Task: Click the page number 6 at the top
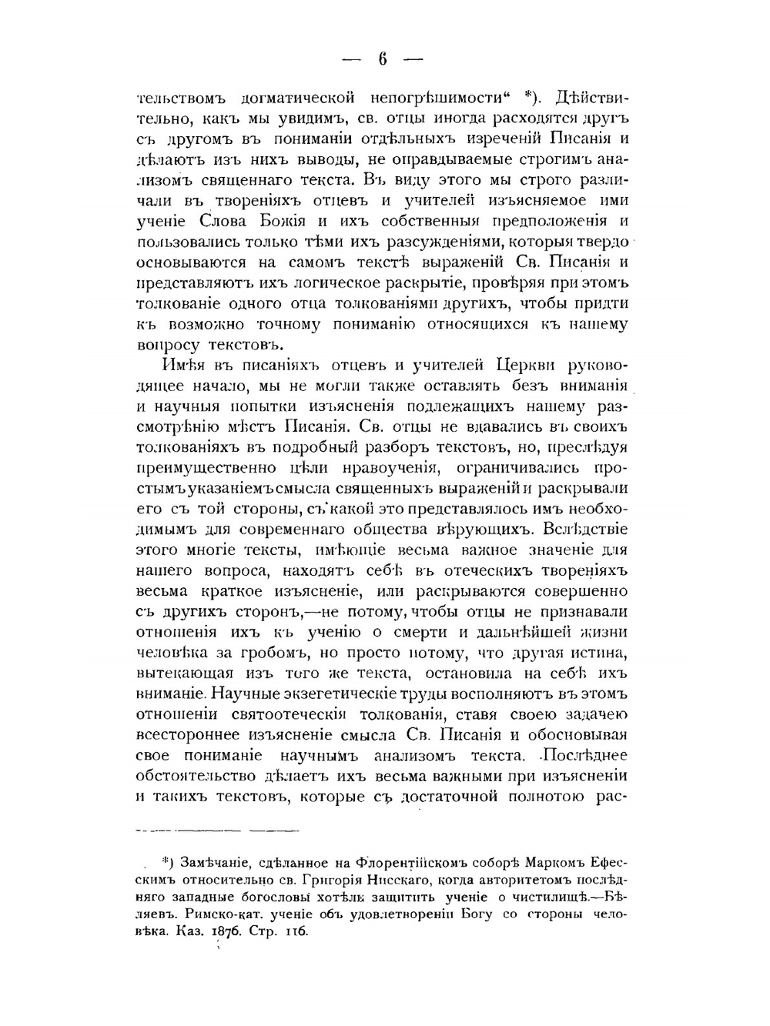click(382, 59)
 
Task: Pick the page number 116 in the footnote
click(296, 931)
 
